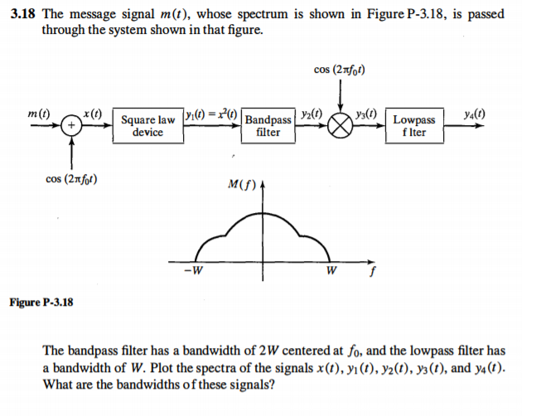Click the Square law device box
(x=147, y=126)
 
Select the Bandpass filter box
(x=268, y=126)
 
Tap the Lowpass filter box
(x=413, y=126)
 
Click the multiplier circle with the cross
(x=341, y=126)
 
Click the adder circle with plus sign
(x=71, y=126)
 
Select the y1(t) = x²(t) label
(x=212, y=114)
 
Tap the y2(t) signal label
(x=312, y=113)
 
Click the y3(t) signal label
(x=365, y=113)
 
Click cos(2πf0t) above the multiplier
(x=341, y=69)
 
